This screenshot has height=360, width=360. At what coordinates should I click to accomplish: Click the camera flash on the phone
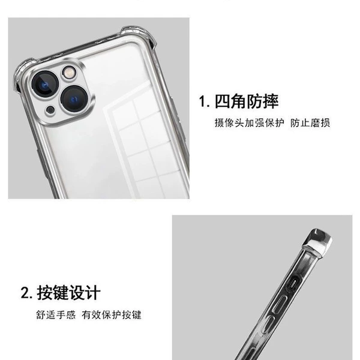click(68, 73)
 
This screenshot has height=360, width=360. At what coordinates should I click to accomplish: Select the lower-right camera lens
click(74, 99)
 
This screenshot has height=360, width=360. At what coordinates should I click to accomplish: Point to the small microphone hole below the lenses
click(50, 110)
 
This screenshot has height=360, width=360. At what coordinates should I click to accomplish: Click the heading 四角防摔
click(247, 101)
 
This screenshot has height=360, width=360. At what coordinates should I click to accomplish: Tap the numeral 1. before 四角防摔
click(204, 101)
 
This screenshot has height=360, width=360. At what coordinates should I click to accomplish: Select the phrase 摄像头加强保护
click(249, 122)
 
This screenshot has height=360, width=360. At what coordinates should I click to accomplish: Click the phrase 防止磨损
click(310, 122)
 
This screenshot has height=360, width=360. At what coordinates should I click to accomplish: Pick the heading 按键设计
click(68, 293)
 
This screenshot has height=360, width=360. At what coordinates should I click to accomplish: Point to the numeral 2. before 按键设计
click(26, 293)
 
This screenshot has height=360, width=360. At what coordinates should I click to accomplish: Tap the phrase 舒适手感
click(56, 314)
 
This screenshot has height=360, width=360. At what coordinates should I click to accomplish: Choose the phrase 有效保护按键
click(112, 314)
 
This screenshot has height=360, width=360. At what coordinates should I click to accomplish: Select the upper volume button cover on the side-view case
click(280, 304)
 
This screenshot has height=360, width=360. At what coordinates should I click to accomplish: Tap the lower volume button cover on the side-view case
click(267, 324)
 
